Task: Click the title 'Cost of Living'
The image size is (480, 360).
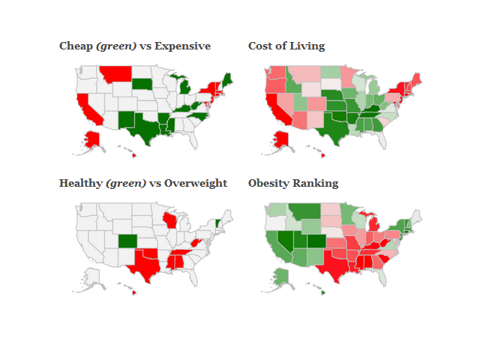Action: pyautogui.click(x=286, y=46)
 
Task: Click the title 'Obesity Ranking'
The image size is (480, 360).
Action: pyautogui.click(x=293, y=184)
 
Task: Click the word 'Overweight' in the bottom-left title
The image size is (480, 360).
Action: pyautogui.click(x=197, y=184)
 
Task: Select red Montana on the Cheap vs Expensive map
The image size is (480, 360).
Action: pyautogui.click(x=115, y=74)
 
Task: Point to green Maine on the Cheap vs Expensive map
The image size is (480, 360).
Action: pyautogui.click(x=227, y=78)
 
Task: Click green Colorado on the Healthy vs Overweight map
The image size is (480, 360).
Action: pyautogui.click(x=128, y=242)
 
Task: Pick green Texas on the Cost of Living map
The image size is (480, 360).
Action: pyautogui.click(x=333, y=128)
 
